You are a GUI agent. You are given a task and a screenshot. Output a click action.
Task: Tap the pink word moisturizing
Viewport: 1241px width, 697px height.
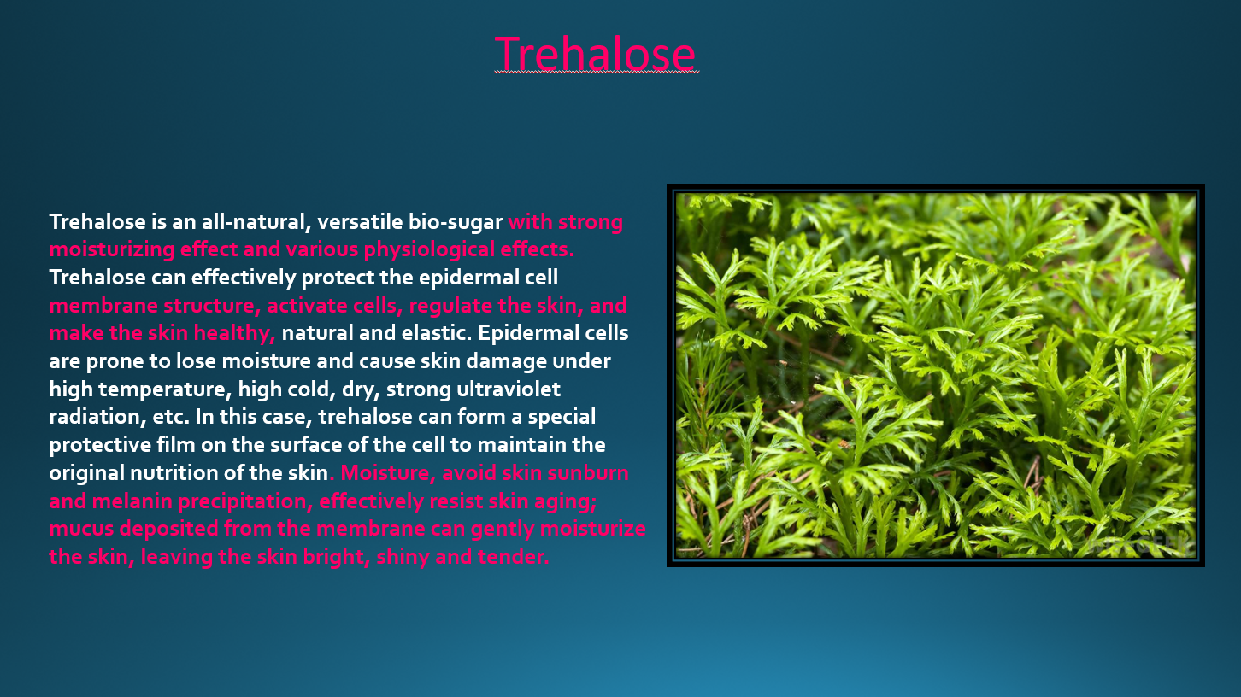point(112,249)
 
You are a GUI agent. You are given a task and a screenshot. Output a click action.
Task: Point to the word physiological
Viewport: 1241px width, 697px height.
point(429,249)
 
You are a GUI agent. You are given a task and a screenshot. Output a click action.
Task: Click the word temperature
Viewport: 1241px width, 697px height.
point(165,389)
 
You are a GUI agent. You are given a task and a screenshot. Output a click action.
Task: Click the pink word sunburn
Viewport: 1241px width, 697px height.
point(588,473)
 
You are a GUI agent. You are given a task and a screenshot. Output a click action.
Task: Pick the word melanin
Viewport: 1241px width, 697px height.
point(132,501)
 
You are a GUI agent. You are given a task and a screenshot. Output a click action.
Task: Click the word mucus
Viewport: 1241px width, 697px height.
point(81,530)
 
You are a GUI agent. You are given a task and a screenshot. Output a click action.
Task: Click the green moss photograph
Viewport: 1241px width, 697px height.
point(935,375)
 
